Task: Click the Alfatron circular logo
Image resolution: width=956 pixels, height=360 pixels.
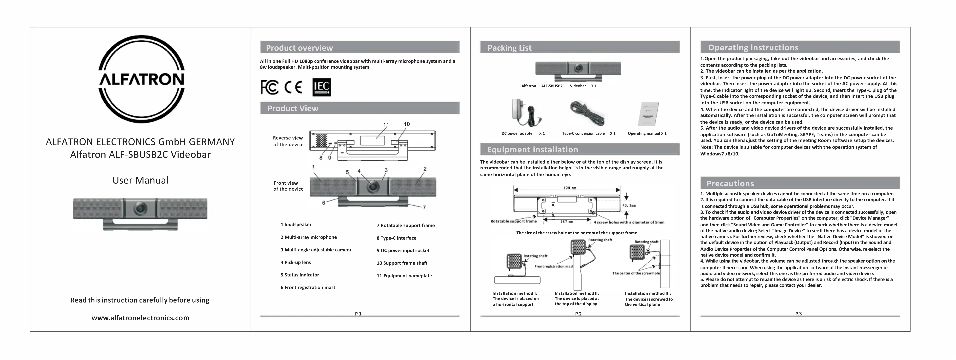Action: (141, 79)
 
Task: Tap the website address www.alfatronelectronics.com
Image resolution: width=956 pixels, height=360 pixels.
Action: (140, 318)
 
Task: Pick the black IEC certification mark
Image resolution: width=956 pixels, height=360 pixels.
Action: (321, 87)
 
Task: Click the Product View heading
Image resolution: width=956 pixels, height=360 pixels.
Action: (293, 108)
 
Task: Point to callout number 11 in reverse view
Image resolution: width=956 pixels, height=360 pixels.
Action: (386, 125)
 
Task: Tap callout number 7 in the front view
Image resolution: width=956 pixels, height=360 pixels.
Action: (424, 207)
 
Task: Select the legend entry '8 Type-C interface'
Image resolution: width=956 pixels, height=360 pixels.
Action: (396, 238)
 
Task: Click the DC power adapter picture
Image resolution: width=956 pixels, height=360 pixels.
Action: (524, 113)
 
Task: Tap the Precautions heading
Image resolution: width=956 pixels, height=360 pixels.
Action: (730, 183)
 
